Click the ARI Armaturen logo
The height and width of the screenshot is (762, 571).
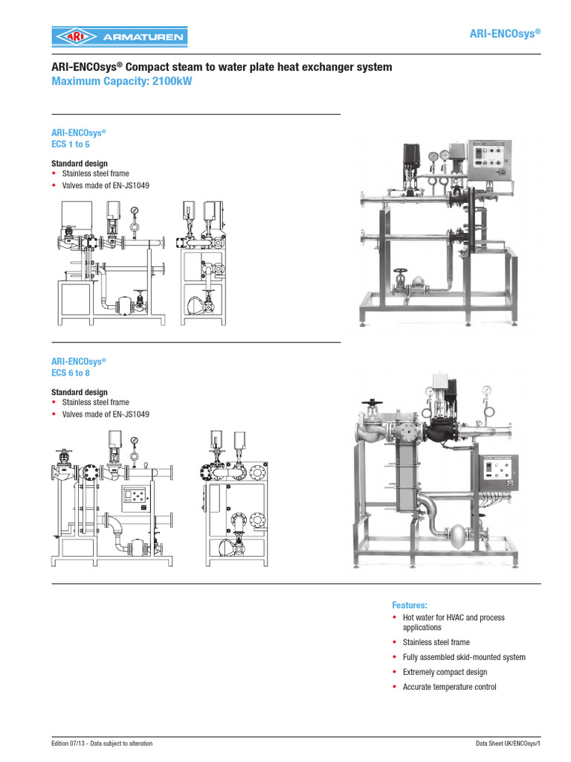click(119, 36)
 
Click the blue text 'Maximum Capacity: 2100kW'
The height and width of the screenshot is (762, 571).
click(121, 82)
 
